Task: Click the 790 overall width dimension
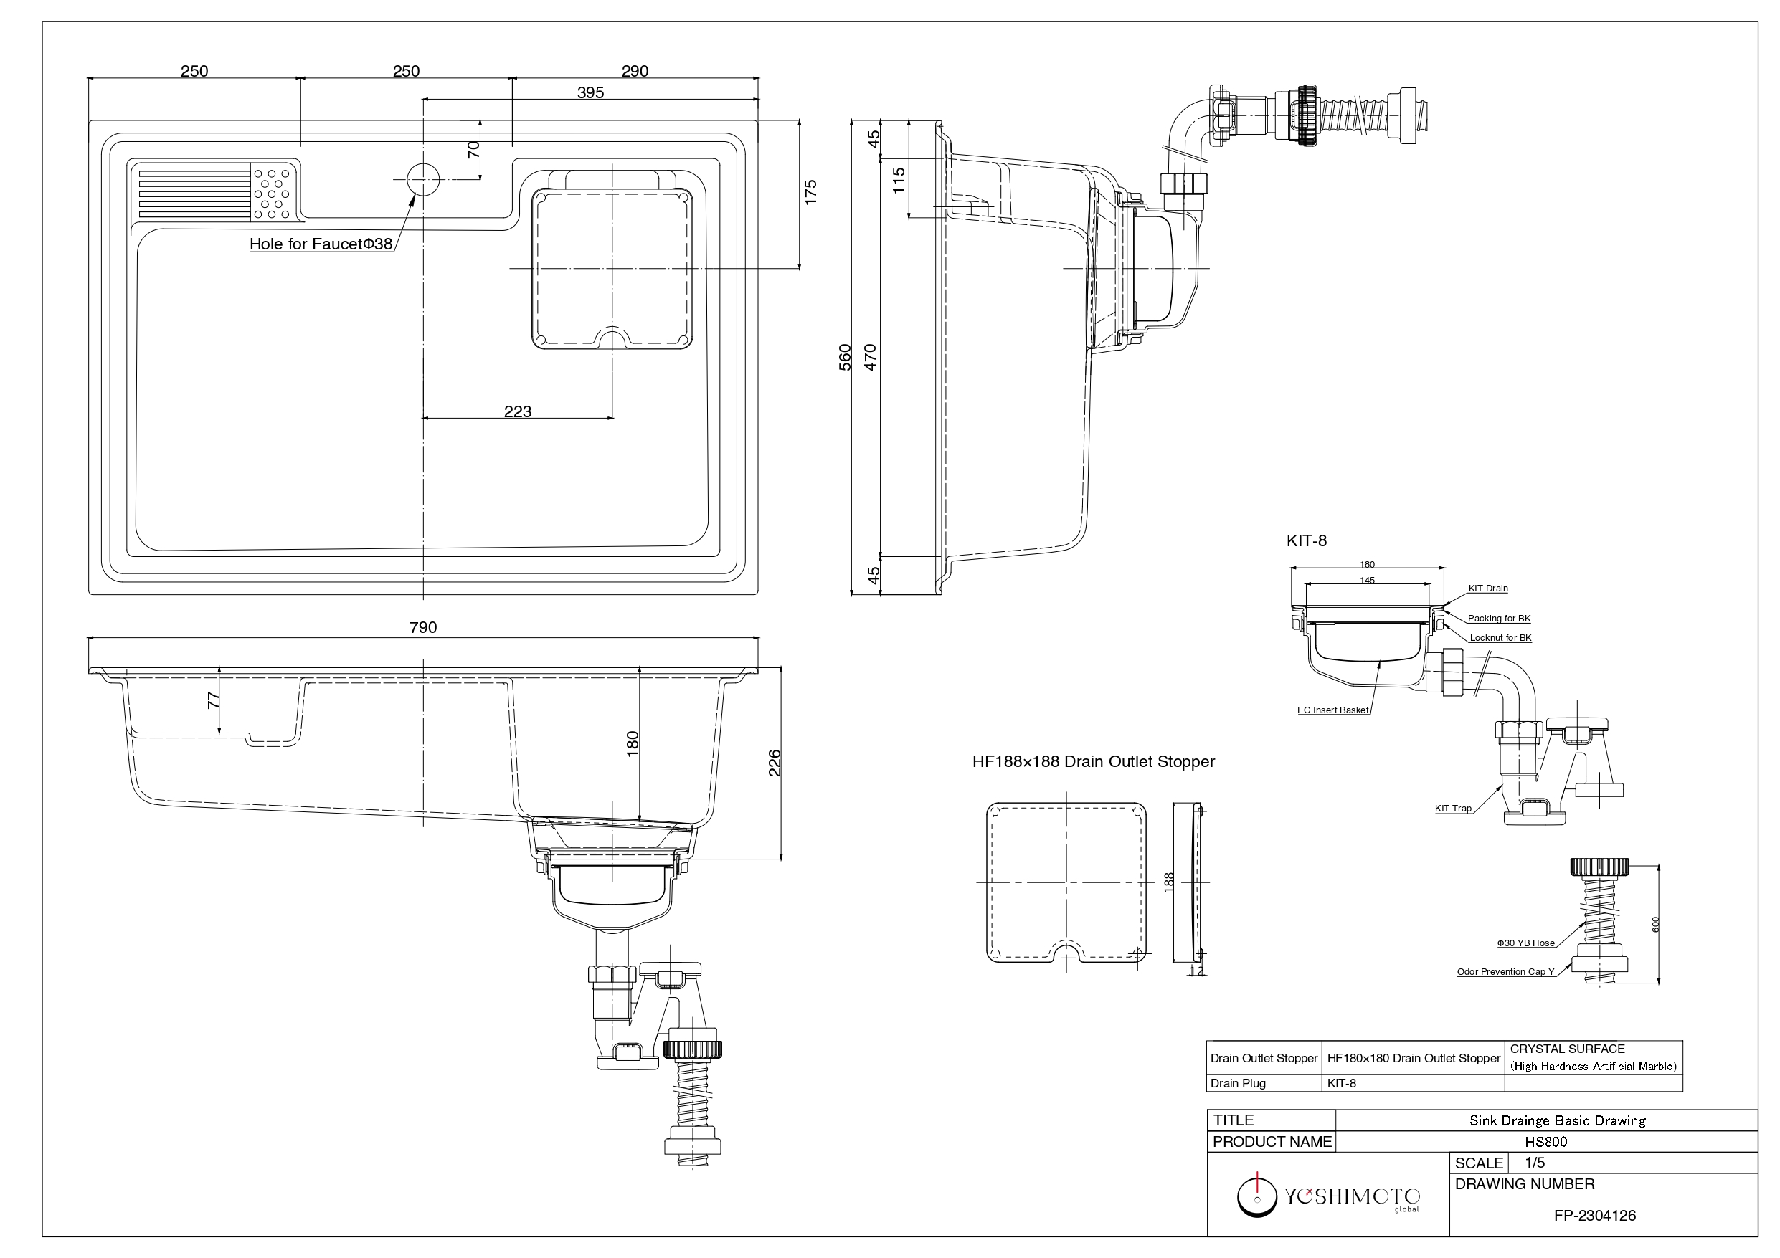(422, 627)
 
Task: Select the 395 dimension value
(590, 92)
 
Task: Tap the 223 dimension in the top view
(517, 411)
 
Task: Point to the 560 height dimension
(845, 357)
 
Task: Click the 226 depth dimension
(774, 763)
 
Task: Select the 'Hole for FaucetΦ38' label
(321, 244)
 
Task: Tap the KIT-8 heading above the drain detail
(1307, 541)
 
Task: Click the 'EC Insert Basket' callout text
(1332, 710)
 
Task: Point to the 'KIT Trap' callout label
(1453, 809)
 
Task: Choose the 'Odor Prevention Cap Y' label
(1505, 972)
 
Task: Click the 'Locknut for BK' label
(1500, 638)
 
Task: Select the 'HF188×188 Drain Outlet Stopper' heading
(1093, 762)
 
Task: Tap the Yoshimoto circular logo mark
(1256, 1197)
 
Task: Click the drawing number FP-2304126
(1595, 1216)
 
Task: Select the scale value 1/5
(1534, 1163)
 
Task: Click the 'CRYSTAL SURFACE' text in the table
(1567, 1049)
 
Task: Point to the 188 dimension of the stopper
(1169, 882)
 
